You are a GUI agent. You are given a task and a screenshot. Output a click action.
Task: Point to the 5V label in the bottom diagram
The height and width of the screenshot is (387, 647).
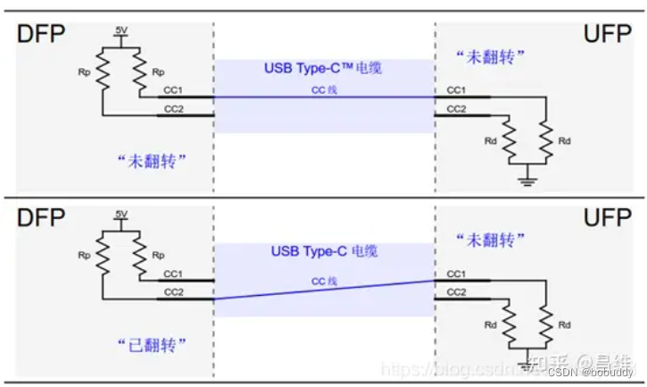(x=121, y=215)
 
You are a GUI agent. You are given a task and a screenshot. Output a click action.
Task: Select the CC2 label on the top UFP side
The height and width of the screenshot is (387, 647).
(x=456, y=108)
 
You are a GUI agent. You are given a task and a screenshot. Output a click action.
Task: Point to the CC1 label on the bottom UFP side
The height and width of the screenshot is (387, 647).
(x=456, y=273)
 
